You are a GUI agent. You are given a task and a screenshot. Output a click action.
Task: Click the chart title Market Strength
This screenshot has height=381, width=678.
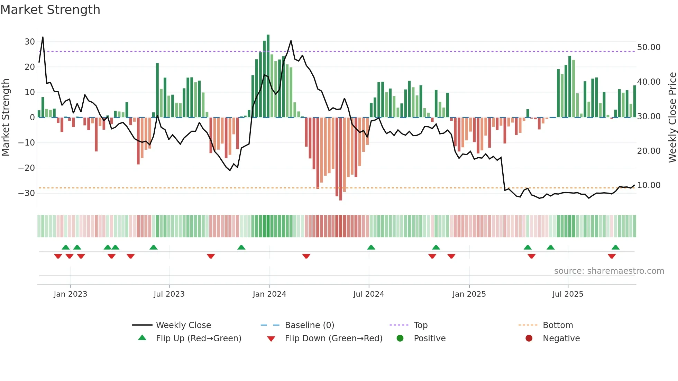[50, 10]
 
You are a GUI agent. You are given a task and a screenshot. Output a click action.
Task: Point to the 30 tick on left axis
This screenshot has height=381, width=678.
[30, 42]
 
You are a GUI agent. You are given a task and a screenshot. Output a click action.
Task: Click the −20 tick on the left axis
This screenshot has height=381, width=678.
[27, 168]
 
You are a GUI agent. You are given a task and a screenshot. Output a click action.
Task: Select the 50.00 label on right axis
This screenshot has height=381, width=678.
[649, 47]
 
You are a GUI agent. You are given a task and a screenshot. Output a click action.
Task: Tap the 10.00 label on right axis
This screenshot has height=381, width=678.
[649, 185]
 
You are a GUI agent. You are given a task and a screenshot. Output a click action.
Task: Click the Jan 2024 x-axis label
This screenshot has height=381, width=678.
[269, 294]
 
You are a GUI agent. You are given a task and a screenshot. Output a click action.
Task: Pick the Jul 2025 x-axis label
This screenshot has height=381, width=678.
[568, 294]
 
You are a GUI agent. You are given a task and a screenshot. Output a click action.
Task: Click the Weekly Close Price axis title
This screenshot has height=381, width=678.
[672, 117]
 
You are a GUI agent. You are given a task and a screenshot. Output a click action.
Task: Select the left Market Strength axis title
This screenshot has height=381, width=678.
[6, 117]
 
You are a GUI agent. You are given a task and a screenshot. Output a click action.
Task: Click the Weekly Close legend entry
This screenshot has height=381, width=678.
[183, 325]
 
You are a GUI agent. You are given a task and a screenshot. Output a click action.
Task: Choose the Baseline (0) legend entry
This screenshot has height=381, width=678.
[309, 325]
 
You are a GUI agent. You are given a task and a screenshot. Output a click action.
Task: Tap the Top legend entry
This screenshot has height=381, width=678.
[420, 325]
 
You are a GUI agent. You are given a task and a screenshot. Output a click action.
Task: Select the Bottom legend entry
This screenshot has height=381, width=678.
[558, 325]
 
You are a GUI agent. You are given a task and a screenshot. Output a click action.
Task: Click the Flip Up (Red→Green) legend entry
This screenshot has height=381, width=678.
[198, 338]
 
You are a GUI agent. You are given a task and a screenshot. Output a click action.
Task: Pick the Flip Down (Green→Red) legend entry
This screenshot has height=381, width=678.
[333, 338]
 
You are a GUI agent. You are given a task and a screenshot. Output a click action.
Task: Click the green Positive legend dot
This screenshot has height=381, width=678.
[400, 338]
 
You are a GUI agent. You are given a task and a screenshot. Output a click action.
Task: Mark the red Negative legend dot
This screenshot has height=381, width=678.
[529, 338]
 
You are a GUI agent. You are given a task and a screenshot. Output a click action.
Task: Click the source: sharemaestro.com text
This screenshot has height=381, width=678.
[609, 271]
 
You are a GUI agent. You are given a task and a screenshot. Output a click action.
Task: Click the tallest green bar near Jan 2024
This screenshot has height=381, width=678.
[268, 76]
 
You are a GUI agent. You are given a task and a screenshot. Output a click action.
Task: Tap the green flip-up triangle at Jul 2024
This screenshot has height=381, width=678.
[371, 247]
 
